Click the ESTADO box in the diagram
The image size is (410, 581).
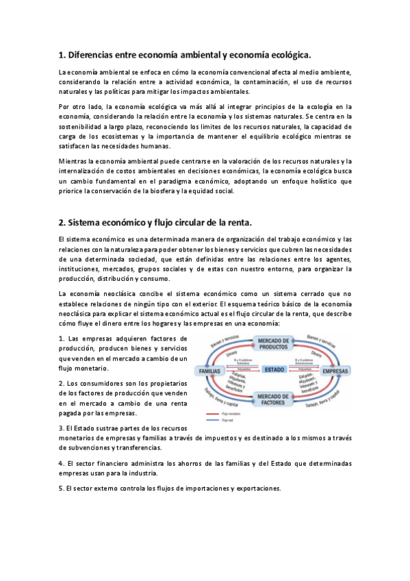point(274,370)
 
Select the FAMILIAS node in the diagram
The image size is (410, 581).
point(209,371)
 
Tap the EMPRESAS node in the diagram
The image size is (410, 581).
point(335,371)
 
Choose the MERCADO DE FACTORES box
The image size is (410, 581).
point(274,399)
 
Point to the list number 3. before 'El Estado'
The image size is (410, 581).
point(62,427)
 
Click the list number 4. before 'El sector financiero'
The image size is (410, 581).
point(62,464)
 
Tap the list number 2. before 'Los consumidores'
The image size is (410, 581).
point(62,383)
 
